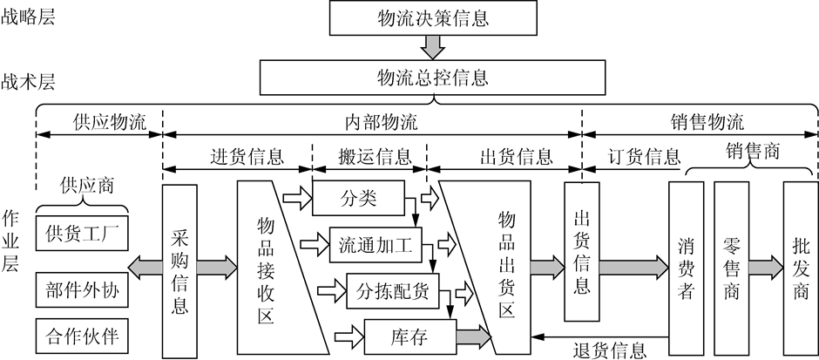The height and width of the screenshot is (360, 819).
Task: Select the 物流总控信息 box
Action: click(432, 77)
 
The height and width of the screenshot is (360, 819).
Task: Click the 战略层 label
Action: click(28, 17)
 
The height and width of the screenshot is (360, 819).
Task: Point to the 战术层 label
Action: click(28, 82)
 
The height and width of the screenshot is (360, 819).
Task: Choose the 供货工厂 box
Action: click(81, 234)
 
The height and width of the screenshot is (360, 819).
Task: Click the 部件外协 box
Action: click(81, 289)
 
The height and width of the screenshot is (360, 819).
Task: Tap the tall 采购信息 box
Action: click(180, 270)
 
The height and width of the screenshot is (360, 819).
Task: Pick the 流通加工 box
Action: click(376, 241)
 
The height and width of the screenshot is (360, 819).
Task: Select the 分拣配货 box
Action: click(393, 289)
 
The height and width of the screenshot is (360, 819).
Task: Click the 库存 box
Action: click(406, 336)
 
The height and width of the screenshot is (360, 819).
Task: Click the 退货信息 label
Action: click(610, 350)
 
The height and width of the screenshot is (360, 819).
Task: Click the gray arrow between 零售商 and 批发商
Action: click(766, 265)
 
